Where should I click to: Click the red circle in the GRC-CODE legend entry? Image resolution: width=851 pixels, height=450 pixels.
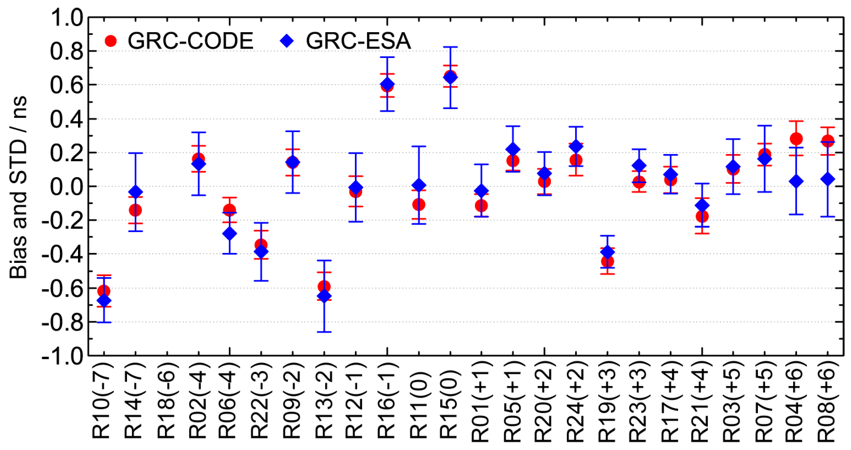[x=111, y=41]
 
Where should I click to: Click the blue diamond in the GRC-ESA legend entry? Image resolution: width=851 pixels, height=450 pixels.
[x=287, y=41]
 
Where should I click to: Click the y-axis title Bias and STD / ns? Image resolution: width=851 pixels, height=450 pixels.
[x=18, y=187]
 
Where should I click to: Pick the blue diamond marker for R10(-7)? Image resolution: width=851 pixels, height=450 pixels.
[x=104, y=301]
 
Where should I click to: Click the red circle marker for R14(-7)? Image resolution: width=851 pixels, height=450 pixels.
[x=135, y=210]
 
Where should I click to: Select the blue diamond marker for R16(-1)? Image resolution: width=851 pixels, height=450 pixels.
[x=387, y=84]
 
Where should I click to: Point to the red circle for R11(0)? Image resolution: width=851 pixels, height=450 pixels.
[x=418, y=204]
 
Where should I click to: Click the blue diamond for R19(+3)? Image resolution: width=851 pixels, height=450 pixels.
[x=607, y=252]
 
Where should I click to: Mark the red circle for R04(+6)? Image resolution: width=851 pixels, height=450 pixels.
[x=796, y=139]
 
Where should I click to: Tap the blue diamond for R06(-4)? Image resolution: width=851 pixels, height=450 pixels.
[x=230, y=234]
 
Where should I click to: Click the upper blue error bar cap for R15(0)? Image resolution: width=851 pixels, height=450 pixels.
[x=450, y=47]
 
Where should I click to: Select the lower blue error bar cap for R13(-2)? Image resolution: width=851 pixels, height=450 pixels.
[x=324, y=332]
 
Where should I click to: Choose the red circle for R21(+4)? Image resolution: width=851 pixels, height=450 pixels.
[x=702, y=216]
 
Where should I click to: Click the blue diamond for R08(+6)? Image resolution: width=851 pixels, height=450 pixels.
[x=827, y=179]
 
